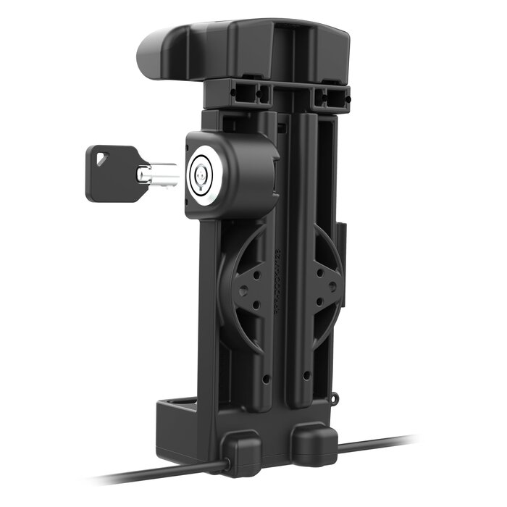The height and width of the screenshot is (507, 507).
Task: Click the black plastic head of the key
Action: pos(109,172)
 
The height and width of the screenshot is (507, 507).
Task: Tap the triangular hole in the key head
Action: pos(99,154)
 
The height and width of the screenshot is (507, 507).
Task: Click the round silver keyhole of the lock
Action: pos(201,174)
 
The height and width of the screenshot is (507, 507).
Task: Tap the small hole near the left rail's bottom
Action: pos(267,378)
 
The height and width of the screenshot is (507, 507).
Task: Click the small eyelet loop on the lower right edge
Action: pos(335,397)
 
